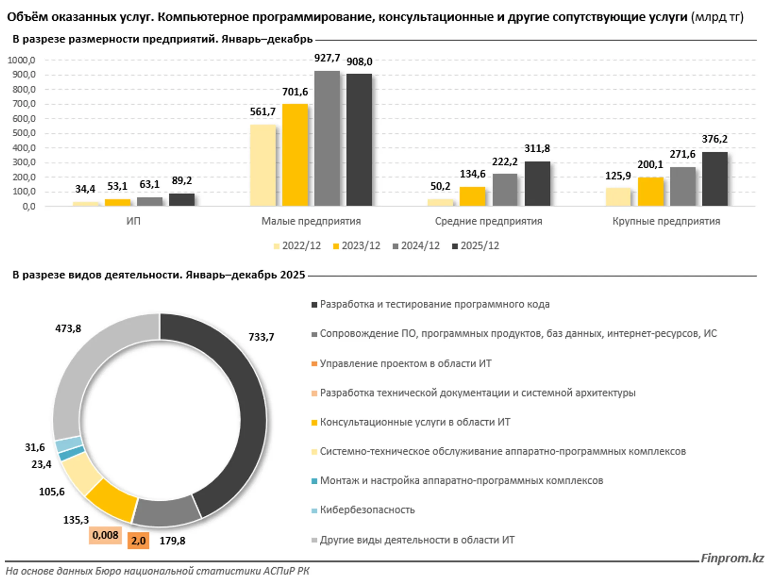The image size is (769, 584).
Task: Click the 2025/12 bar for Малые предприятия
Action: click(x=359, y=140)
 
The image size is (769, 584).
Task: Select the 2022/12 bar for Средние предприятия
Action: click(x=440, y=202)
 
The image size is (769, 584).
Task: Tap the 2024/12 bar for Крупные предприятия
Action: click(x=682, y=186)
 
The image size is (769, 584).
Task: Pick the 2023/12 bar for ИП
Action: click(x=117, y=202)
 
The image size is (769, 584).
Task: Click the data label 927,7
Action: click(x=327, y=58)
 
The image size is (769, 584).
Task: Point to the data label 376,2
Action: click(x=715, y=139)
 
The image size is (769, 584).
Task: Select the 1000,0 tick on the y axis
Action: click(x=22, y=60)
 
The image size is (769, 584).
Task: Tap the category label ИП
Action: click(x=134, y=221)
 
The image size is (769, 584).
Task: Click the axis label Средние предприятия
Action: click(x=488, y=221)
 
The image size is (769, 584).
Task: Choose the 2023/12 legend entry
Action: click(x=357, y=246)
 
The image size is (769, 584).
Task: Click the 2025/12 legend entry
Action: click(x=476, y=246)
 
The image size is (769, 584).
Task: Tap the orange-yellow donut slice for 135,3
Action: click(x=112, y=500)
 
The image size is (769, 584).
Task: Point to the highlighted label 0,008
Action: click(x=105, y=535)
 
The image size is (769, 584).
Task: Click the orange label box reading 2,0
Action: click(x=138, y=541)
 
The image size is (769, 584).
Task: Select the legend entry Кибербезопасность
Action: click(x=367, y=510)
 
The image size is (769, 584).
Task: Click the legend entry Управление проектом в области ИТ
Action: click(x=405, y=363)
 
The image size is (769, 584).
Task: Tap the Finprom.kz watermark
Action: click(x=732, y=558)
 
